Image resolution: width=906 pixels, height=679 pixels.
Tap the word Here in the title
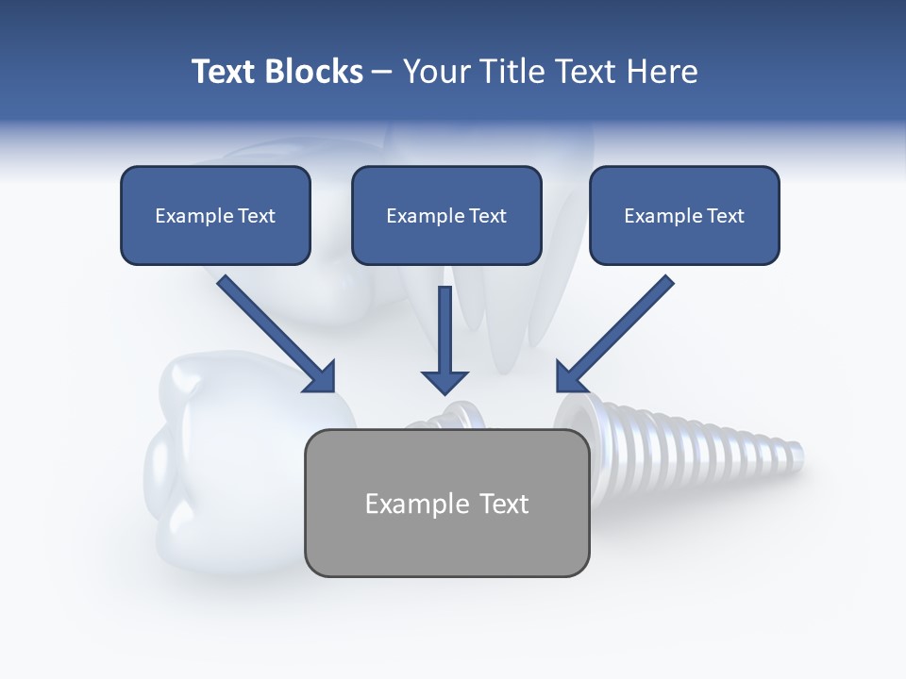point(663,72)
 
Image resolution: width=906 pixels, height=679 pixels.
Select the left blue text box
point(215,215)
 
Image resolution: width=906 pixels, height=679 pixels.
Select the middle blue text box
point(446,215)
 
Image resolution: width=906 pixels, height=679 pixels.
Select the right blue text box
point(684,215)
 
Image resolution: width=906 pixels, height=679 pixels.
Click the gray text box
point(446,503)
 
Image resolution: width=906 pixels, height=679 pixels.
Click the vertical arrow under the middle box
point(445,339)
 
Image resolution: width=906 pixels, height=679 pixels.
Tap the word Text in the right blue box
point(725,216)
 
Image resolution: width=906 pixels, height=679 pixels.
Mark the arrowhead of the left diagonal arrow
point(321,377)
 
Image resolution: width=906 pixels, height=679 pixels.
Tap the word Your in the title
point(433,72)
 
